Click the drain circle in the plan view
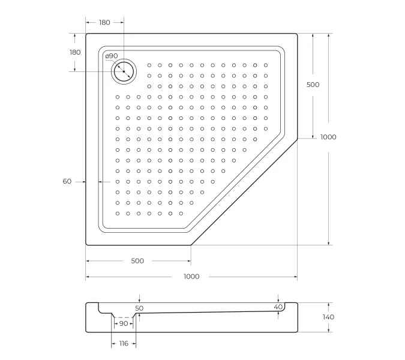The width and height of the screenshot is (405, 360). [124, 71]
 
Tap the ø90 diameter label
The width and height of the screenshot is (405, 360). [111, 56]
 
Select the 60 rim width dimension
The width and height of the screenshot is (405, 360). [67, 181]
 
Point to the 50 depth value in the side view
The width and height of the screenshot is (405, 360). [139, 308]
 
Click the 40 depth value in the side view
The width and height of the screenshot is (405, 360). [278, 307]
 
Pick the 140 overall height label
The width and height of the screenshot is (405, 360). [328, 317]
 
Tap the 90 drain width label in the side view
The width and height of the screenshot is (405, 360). [123, 323]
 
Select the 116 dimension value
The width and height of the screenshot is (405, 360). [123, 343]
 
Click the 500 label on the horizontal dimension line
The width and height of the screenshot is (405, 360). [137, 261]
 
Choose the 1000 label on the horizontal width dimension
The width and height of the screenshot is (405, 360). [191, 277]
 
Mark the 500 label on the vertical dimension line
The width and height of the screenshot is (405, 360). [313, 85]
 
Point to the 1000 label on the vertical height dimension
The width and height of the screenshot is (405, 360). [328, 137]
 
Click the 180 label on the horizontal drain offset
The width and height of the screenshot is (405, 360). [104, 22]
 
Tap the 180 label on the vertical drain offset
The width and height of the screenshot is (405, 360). [74, 52]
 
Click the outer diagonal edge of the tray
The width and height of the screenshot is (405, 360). [244, 192]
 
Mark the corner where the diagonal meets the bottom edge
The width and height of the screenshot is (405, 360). [191, 245]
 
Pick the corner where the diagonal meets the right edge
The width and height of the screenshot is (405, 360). [298, 139]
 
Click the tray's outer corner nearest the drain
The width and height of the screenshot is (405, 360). [87, 34]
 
